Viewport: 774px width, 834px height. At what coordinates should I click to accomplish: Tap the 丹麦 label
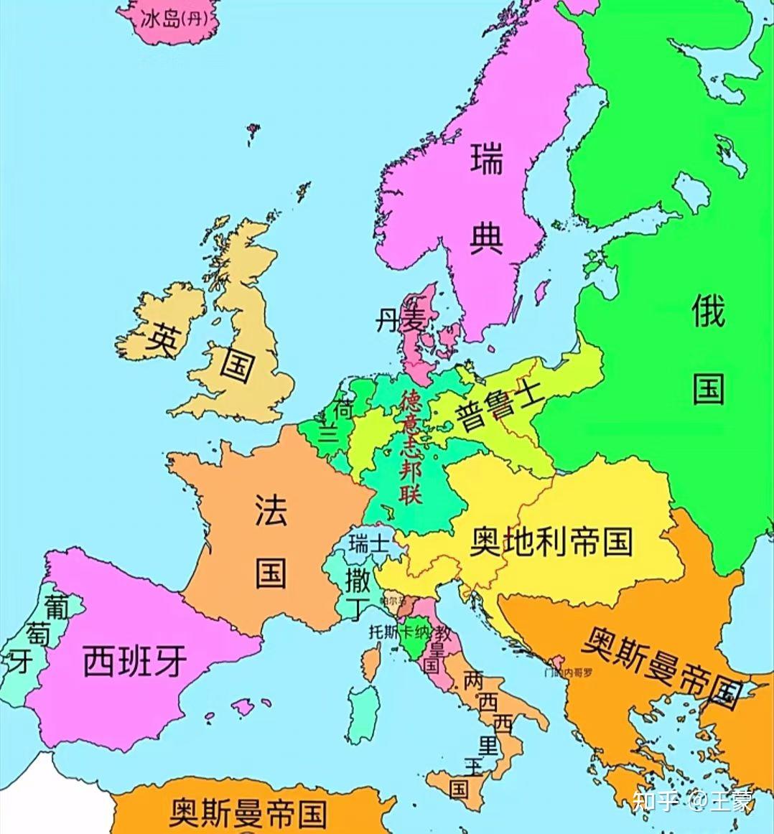coord(400,320)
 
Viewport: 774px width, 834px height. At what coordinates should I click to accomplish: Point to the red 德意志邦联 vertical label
coord(411,446)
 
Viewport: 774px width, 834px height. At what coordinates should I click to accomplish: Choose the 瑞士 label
coord(368,543)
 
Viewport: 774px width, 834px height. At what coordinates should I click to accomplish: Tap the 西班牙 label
coord(135,660)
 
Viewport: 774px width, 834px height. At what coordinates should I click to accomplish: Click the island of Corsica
coord(371,660)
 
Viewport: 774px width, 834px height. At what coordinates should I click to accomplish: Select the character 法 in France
coord(271,510)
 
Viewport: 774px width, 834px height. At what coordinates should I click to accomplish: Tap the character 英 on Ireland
coord(162,339)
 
